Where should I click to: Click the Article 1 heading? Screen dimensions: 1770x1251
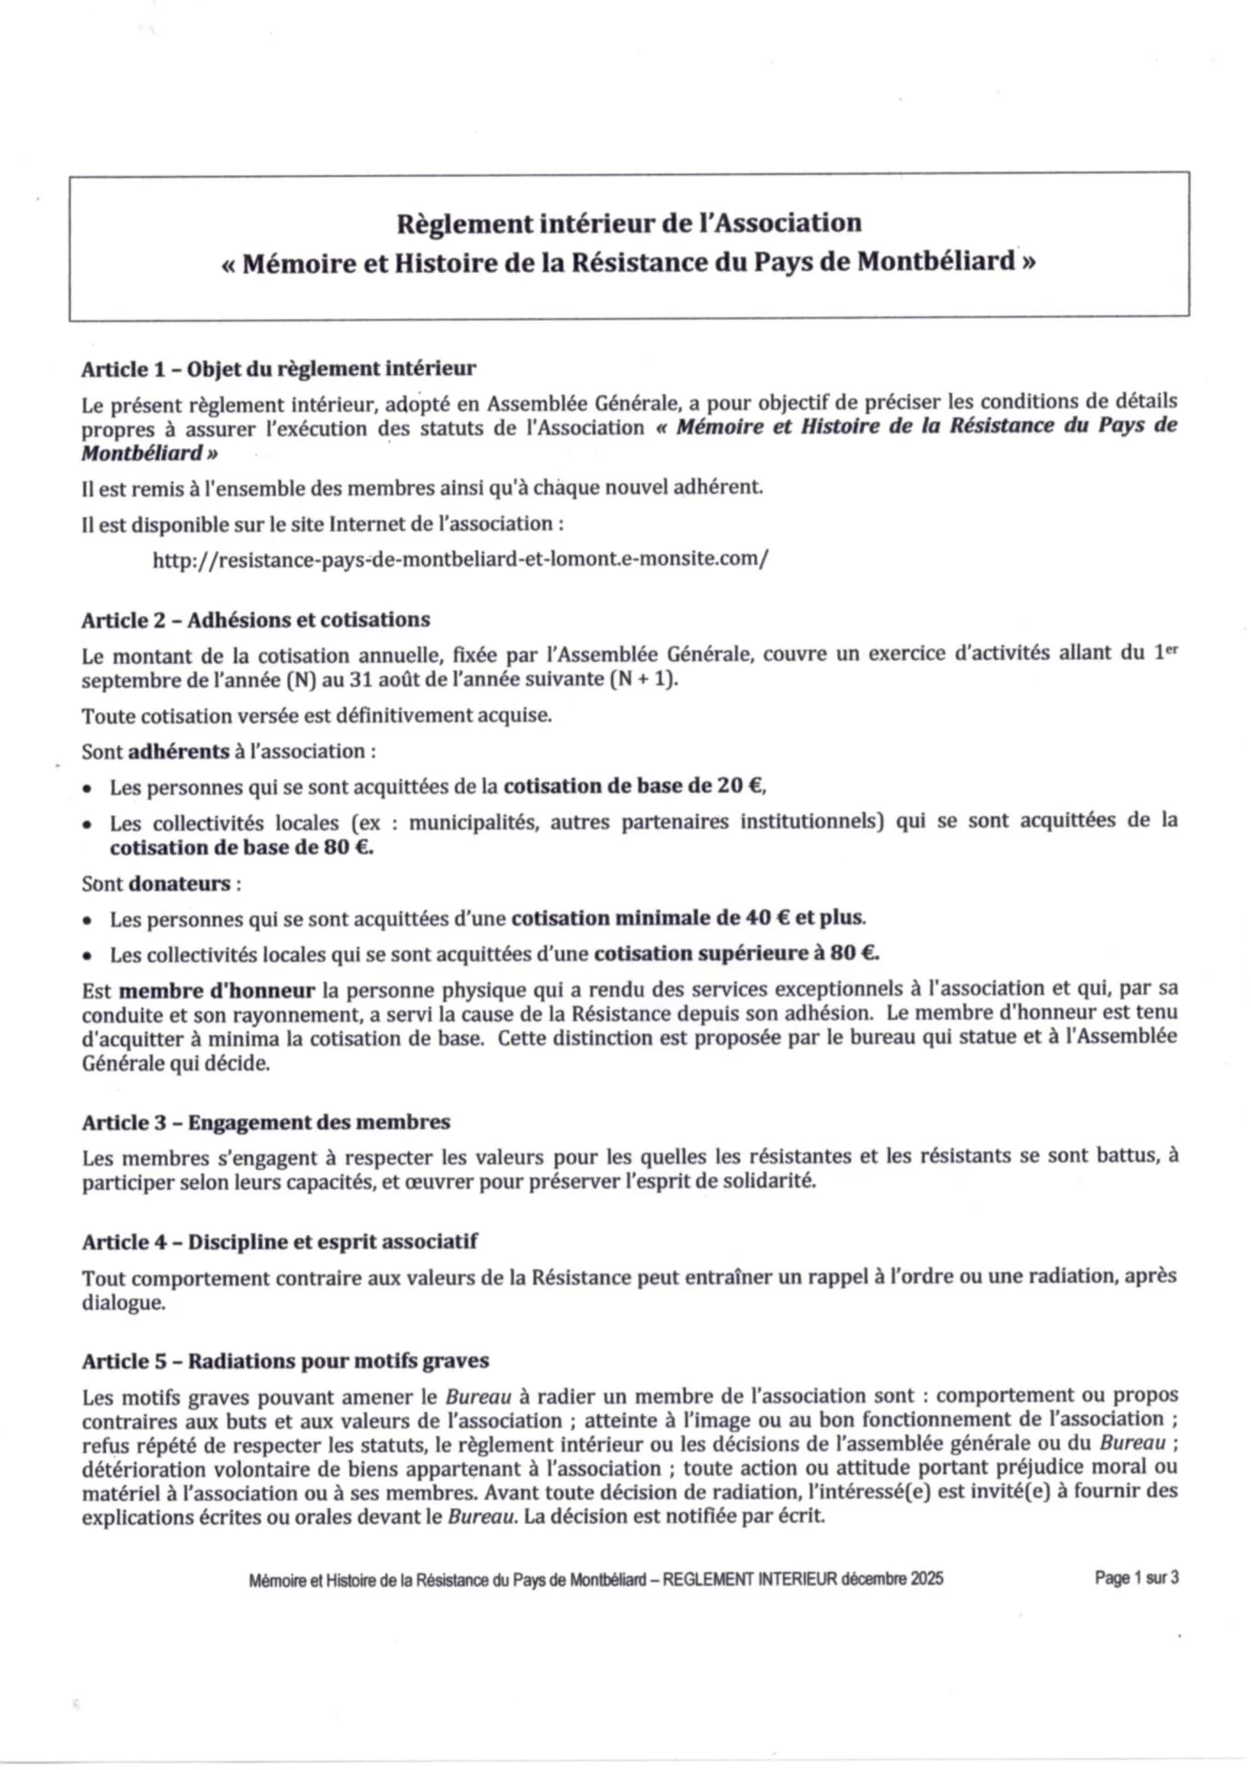click(x=278, y=370)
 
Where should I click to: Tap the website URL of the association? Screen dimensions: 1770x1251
click(x=460, y=560)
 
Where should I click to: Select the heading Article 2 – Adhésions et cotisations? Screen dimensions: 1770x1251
click(x=255, y=620)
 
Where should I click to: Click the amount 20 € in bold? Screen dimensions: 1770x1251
click(x=741, y=786)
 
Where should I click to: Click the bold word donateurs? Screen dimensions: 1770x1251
click(x=180, y=883)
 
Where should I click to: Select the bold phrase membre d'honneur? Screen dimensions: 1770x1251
click(x=218, y=991)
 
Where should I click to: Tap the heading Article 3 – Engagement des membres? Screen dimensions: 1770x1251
click(x=266, y=1123)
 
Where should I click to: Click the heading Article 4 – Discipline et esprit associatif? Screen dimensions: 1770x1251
click(x=279, y=1242)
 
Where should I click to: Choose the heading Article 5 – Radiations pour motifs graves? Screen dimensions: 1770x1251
click(x=285, y=1362)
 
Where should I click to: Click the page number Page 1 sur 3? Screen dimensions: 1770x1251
click(x=1136, y=1577)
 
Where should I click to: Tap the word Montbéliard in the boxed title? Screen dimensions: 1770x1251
click(x=936, y=263)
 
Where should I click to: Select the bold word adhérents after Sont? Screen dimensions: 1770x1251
click(x=179, y=751)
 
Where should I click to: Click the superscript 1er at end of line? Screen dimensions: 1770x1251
click(x=1166, y=652)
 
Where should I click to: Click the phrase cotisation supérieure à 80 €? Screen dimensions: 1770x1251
click(x=736, y=953)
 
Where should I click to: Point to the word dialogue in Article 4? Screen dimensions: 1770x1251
click(x=124, y=1304)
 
